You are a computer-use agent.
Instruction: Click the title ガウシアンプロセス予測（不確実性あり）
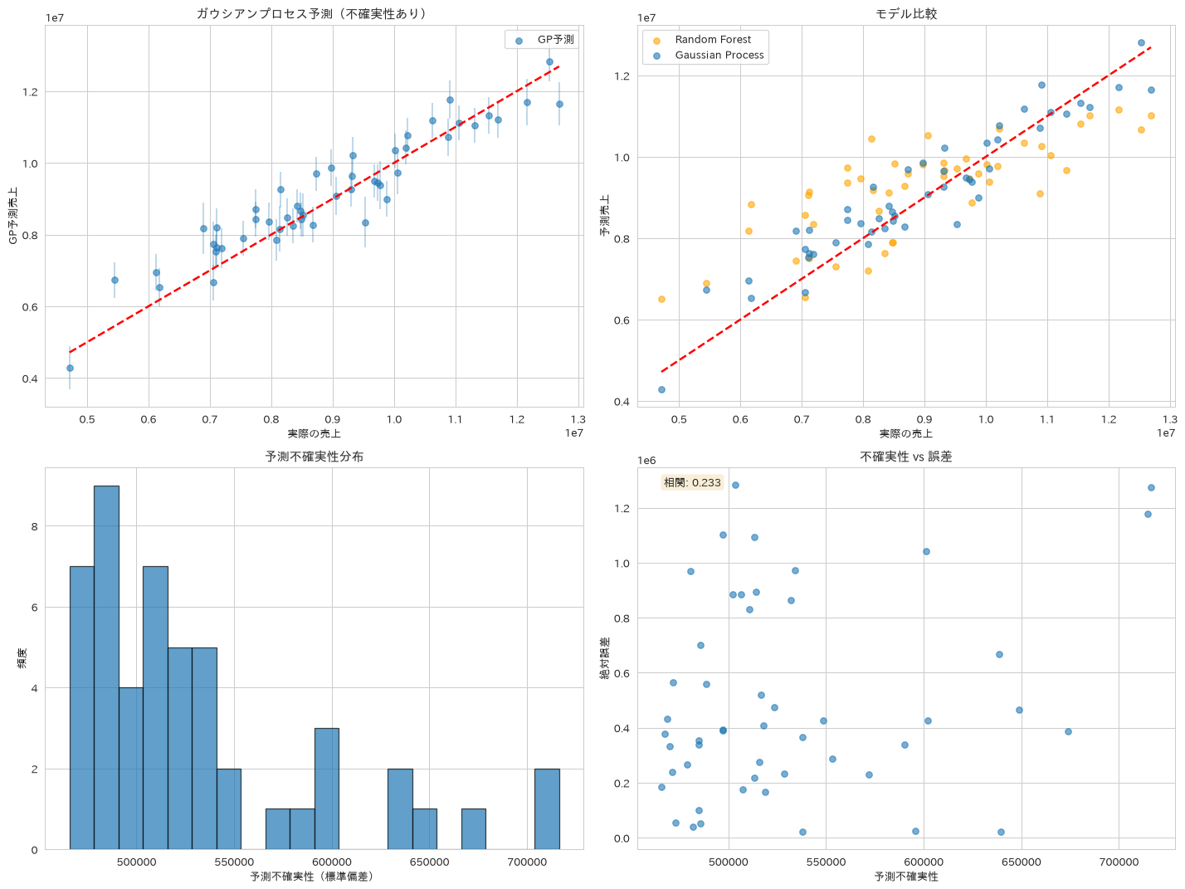pyautogui.click(x=313, y=13)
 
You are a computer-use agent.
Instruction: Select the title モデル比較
pyautogui.click(x=905, y=13)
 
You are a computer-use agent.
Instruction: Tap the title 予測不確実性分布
pyautogui.click(x=314, y=456)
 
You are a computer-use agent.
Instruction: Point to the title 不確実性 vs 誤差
pyautogui.click(x=905, y=456)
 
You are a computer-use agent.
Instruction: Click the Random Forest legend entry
pyautogui.click(x=703, y=39)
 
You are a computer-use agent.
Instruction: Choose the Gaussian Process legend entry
pyautogui.click(x=709, y=55)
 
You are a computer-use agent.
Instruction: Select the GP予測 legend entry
pyautogui.click(x=544, y=39)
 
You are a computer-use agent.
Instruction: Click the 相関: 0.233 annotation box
pyautogui.click(x=691, y=482)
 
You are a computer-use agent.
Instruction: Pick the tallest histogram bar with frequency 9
pyautogui.click(x=106, y=667)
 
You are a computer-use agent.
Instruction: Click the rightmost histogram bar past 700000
pyautogui.click(x=546, y=809)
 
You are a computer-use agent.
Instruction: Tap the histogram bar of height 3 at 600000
pyautogui.click(x=327, y=789)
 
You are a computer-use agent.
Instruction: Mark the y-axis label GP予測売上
pyautogui.click(x=13, y=216)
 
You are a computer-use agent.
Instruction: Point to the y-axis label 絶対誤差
pyautogui.click(x=605, y=658)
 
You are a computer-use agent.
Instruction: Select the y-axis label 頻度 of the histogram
pyautogui.click(x=22, y=658)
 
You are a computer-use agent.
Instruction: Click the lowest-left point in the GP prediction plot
pyautogui.click(x=70, y=368)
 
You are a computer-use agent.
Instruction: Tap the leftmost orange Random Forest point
pyautogui.click(x=661, y=299)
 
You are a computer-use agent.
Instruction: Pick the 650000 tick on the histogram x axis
pyautogui.click(x=429, y=862)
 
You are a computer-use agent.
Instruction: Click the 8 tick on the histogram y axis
pyautogui.click(x=35, y=526)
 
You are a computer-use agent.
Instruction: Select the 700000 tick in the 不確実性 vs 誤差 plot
pyautogui.click(x=1119, y=862)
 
